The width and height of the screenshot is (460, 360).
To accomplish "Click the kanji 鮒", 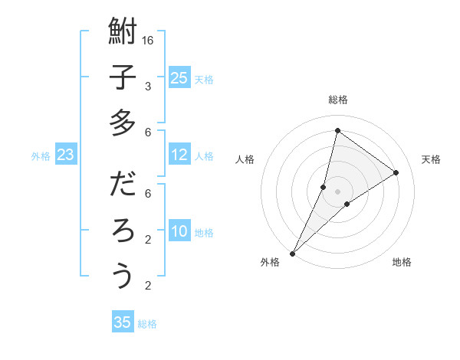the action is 123,33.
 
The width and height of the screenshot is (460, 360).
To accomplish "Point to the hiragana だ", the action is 123,185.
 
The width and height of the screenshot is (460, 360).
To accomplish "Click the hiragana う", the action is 123,276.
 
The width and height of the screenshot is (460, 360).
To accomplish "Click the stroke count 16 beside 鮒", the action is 148,40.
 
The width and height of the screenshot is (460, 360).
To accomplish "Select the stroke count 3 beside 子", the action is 148,86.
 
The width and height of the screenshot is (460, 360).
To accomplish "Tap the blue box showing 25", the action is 179,77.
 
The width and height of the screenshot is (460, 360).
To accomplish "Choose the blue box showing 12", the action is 179,155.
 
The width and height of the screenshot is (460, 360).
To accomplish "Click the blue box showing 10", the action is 179,232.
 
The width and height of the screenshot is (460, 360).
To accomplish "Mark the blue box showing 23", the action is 65,155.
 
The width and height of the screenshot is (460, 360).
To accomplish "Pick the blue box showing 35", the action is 123,322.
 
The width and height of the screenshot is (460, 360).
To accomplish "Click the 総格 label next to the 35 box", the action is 147,323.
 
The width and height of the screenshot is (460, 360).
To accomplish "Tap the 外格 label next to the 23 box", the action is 41,156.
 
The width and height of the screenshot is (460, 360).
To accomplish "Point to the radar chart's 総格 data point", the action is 337,130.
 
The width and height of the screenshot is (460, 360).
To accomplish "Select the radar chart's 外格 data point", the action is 292,253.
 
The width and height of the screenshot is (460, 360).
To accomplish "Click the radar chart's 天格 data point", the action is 396,172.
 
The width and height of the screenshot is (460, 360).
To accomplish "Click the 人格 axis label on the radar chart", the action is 245,159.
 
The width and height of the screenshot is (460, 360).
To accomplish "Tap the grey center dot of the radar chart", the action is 337,191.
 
